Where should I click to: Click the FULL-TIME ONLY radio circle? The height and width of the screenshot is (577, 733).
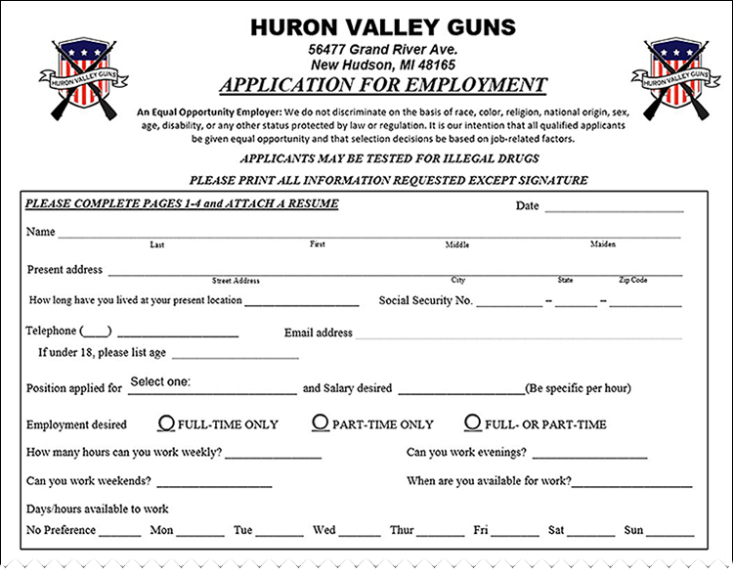tap(167, 423)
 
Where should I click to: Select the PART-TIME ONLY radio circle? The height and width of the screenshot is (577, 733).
tap(321, 423)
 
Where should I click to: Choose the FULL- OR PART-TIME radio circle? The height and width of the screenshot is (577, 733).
tap(473, 423)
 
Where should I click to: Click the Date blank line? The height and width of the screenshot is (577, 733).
tap(614, 208)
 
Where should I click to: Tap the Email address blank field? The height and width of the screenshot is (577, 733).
tap(518, 334)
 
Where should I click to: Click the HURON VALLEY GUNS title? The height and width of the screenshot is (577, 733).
tap(382, 26)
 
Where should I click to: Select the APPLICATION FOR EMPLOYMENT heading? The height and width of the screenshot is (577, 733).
tap(382, 84)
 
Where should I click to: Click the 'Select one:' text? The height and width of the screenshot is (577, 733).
tap(160, 381)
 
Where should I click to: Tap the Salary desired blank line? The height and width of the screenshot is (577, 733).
tap(460, 390)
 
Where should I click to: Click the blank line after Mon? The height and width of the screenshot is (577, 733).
tap(200, 534)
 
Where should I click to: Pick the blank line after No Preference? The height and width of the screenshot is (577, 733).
tap(119, 534)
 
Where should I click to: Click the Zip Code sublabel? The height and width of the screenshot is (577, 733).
tap(632, 281)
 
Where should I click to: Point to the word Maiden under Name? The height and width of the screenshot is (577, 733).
tap(602, 244)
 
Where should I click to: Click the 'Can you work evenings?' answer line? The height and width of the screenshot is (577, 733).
tap(589, 456)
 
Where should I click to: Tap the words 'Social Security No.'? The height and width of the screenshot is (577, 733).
tap(425, 301)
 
